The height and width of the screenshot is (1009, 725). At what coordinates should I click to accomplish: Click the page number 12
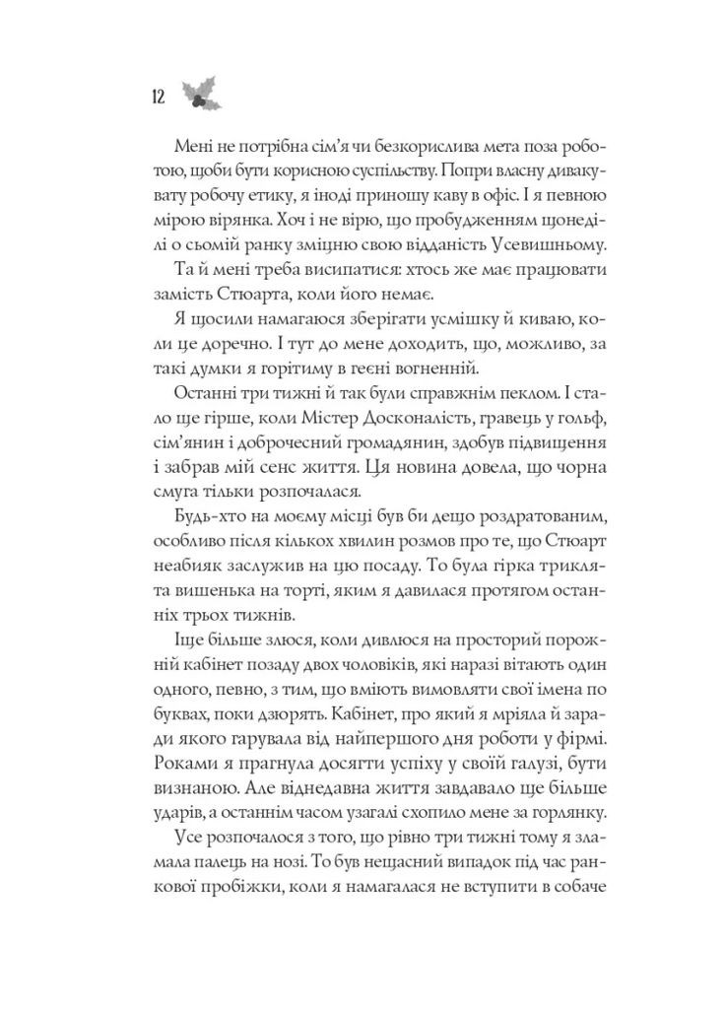pos(157,97)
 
